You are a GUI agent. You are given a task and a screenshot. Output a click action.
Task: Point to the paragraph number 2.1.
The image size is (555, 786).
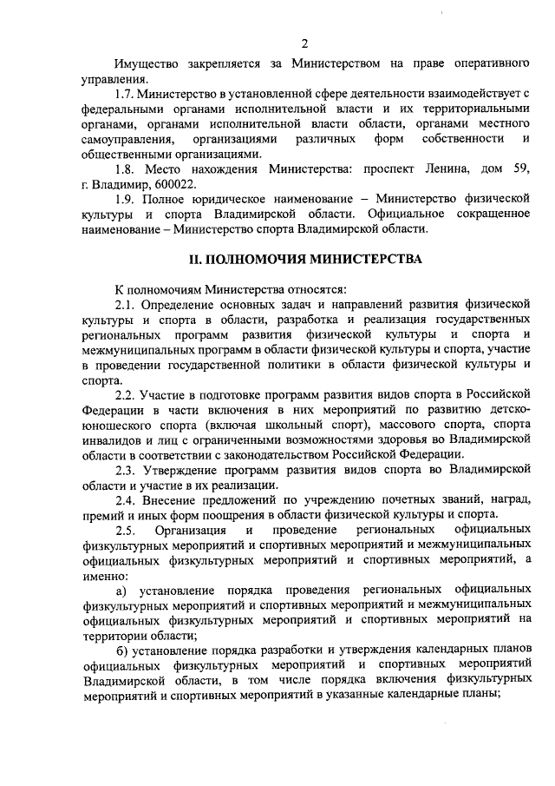click(127, 305)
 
